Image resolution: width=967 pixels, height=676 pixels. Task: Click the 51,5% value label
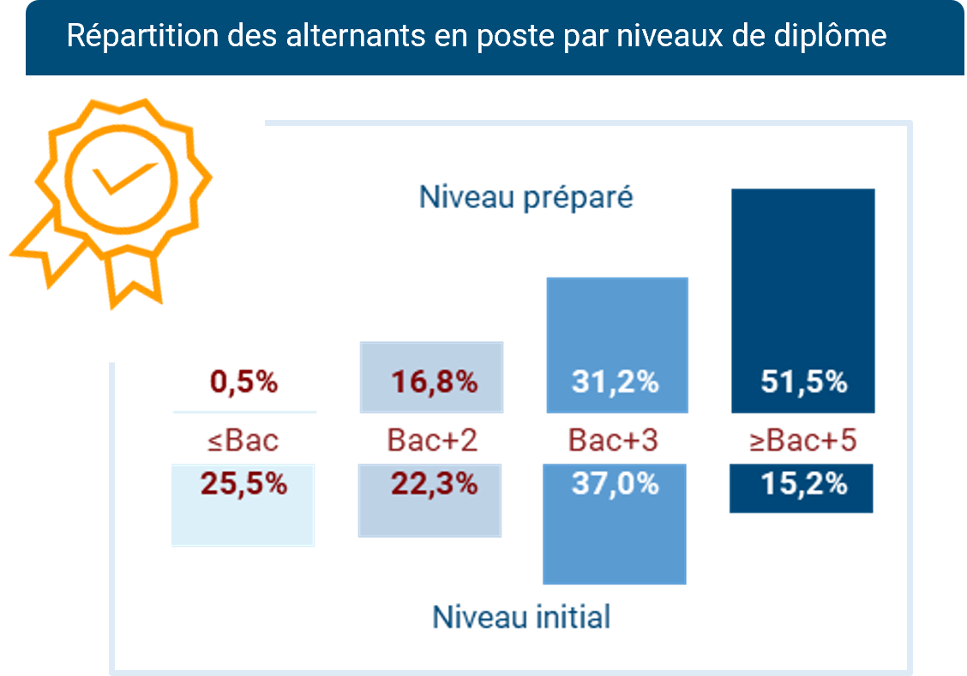click(803, 382)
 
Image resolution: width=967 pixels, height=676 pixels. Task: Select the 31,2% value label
click(615, 382)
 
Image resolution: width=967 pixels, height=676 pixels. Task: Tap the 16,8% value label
click(434, 382)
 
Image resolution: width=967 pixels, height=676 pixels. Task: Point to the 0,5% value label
click(243, 382)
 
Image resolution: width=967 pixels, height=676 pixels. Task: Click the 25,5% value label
click(243, 484)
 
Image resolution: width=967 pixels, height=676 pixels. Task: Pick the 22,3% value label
click(434, 484)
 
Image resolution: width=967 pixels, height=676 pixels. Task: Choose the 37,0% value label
click(615, 484)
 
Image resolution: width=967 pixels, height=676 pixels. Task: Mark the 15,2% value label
click(803, 484)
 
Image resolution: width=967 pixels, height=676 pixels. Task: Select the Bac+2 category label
click(432, 440)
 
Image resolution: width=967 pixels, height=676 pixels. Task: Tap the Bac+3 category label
click(613, 440)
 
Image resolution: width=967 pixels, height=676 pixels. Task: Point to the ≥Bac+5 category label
click(803, 440)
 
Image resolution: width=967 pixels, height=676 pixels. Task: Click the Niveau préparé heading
click(526, 198)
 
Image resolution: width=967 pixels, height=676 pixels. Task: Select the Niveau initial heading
click(521, 617)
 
